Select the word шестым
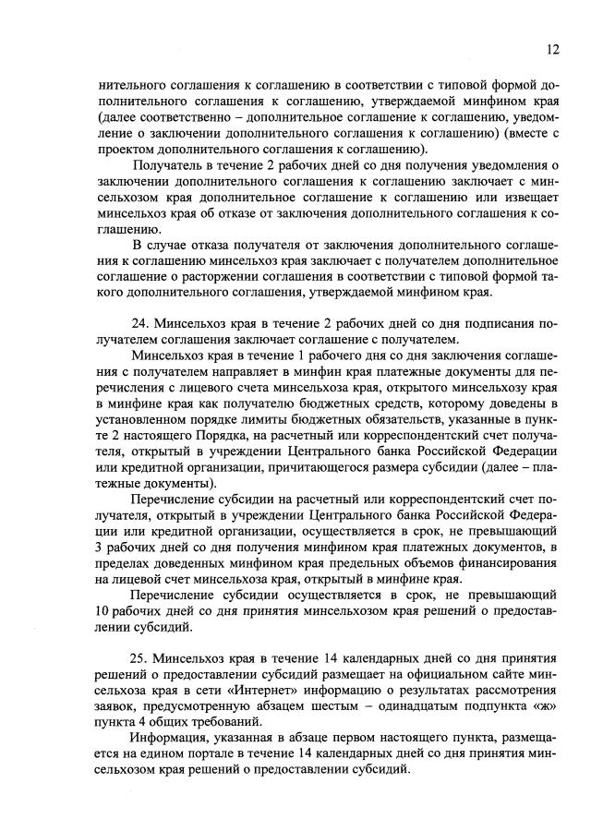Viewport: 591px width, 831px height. coord(327,708)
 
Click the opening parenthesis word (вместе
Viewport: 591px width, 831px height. coord(527,132)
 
